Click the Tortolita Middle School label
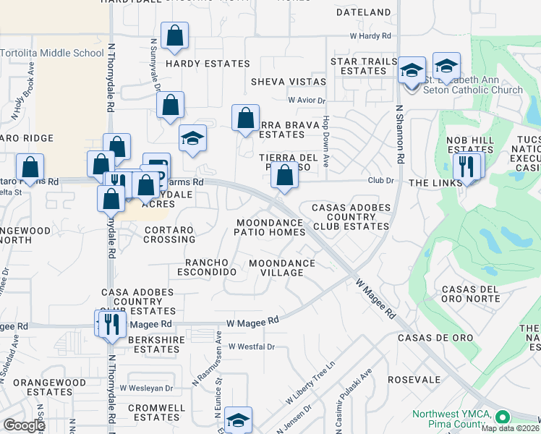52,53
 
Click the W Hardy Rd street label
370,35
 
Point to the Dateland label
363,12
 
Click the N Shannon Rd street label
399,136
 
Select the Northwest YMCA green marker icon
502,417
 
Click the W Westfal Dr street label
252,346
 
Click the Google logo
24,425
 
